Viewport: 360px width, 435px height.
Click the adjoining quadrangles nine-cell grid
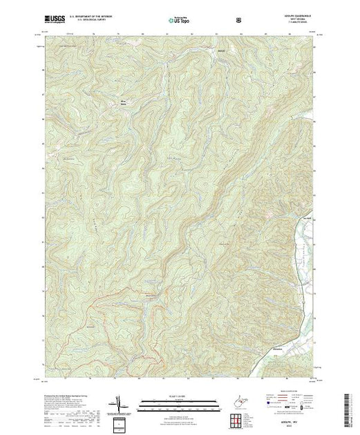tap(238, 419)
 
